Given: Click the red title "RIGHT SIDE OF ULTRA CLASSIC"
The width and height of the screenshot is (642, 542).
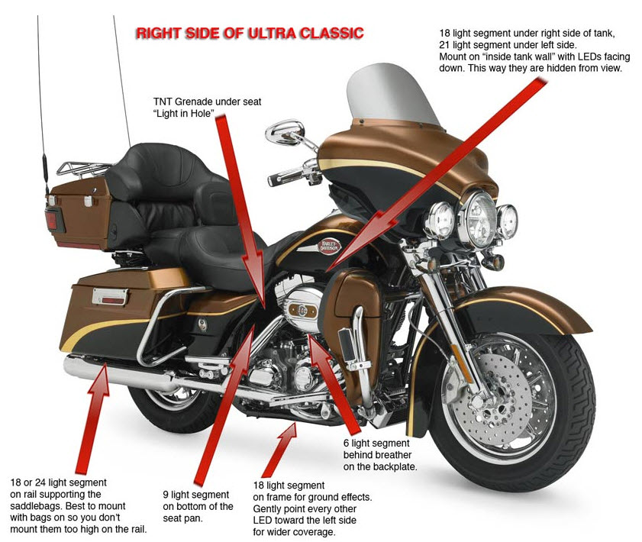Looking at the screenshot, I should (x=248, y=33).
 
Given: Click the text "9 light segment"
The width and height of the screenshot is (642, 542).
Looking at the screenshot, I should (x=196, y=494).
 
